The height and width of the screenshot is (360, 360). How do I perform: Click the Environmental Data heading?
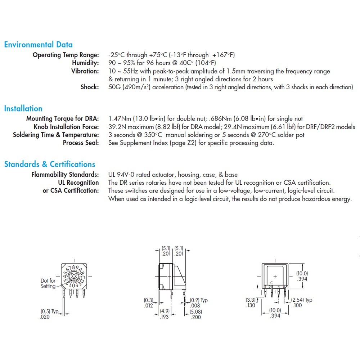pyautogui.click(x=38, y=45)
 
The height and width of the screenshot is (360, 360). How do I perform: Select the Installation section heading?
pyautogui.click(x=23, y=108)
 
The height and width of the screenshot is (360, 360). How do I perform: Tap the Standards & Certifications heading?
pyautogui.click(x=50, y=164)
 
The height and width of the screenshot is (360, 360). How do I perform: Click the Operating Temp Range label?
pyautogui.click(x=66, y=55)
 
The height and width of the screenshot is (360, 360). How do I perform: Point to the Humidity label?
pyautogui.click(x=85, y=63)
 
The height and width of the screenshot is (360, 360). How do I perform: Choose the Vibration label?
pyautogui.click(x=85, y=71)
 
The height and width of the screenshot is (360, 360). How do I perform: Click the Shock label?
pyautogui.click(x=90, y=87)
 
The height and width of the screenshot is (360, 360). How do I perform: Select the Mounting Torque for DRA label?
pyautogui.click(x=62, y=119)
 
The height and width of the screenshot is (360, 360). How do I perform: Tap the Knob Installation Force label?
pyautogui.click(x=66, y=127)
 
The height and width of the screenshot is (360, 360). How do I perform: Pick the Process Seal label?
pyautogui.click(x=81, y=143)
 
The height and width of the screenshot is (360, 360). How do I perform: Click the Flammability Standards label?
pyautogui.click(x=65, y=175)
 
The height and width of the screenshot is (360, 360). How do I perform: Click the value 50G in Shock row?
pyautogui.click(x=115, y=87)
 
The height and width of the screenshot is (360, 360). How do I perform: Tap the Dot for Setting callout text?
pyautogui.click(x=48, y=283)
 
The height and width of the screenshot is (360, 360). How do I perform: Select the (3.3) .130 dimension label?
pyautogui.click(x=251, y=302)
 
